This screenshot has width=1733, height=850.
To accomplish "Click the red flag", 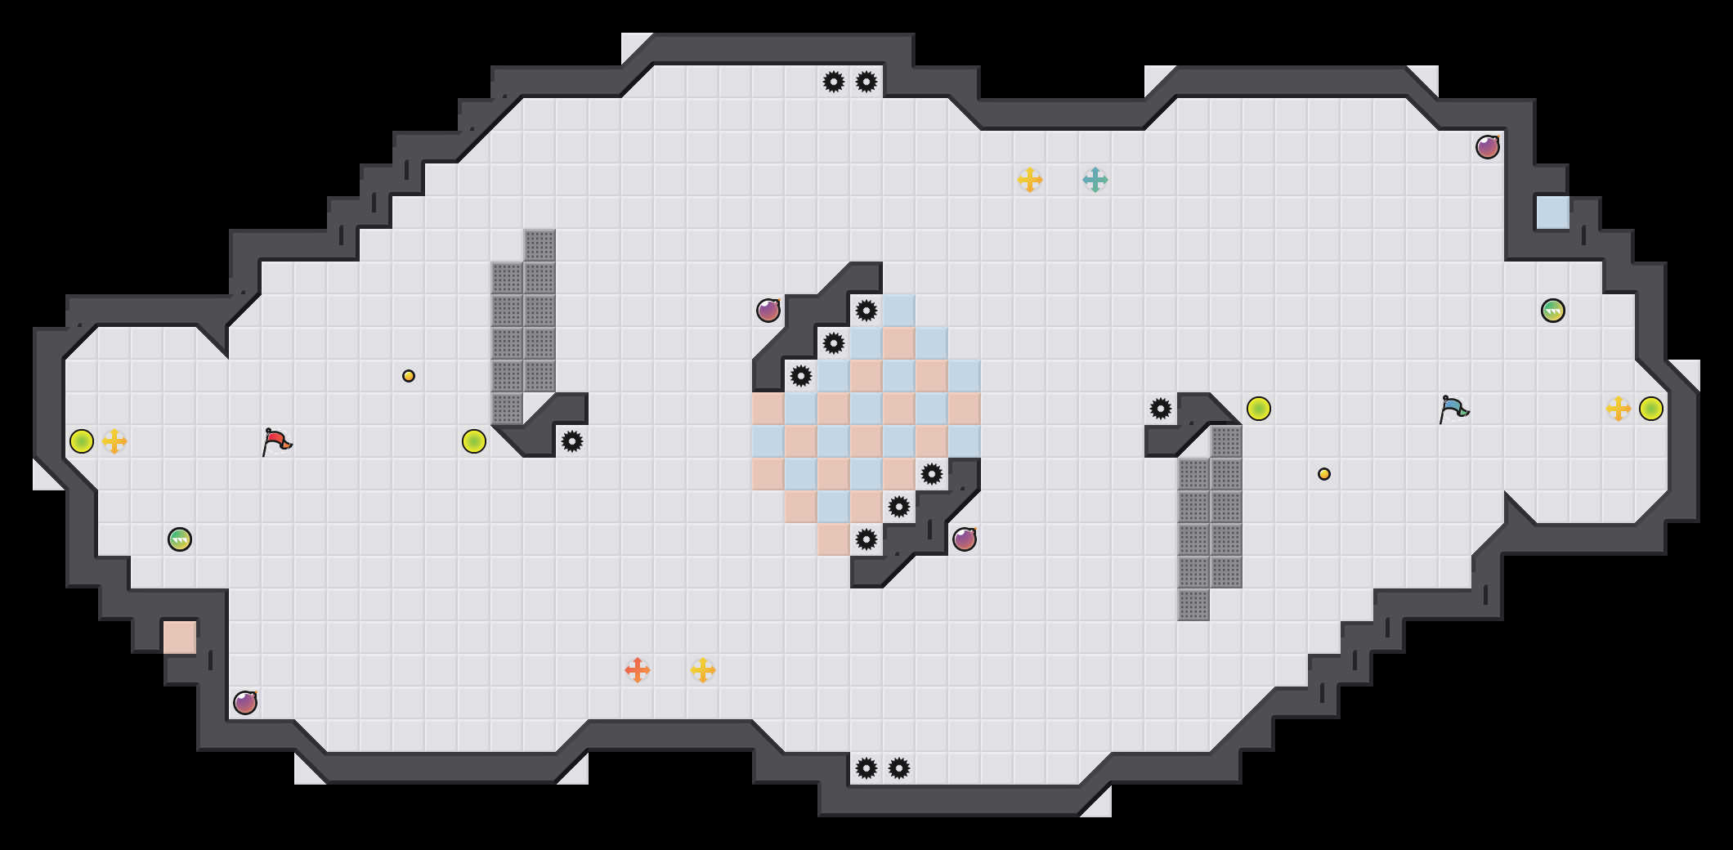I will click(276, 441).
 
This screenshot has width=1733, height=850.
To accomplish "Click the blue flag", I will click(1453, 409).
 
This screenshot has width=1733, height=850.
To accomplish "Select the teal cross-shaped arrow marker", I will click(1095, 180).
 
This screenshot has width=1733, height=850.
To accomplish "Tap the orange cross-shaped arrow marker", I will click(638, 670).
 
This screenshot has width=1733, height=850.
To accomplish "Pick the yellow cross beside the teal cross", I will click(1030, 180).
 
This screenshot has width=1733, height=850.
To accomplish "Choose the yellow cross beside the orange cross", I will click(703, 670).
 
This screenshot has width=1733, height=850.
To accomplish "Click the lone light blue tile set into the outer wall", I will click(1553, 212).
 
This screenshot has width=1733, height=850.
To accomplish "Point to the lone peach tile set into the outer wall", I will click(180, 637).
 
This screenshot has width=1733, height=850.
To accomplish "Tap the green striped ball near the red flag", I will click(180, 539).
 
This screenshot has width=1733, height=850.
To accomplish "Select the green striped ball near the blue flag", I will click(1553, 311).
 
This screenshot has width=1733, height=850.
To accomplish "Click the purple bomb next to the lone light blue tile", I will click(1488, 147).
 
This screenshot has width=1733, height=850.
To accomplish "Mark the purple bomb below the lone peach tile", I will click(245, 703).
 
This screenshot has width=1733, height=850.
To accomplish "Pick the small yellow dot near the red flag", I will click(409, 376).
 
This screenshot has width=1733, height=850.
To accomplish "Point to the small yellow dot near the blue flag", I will click(1324, 474).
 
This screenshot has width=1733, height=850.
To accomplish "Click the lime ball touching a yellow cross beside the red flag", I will click(82, 441).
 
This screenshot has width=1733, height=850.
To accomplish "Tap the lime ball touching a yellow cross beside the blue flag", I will click(1651, 409).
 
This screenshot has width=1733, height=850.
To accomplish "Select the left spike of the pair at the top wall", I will click(834, 82).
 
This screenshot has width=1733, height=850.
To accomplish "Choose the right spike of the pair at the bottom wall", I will click(899, 768).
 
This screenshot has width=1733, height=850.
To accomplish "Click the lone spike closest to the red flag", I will click(572, 441).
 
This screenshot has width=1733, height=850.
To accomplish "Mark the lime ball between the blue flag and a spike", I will click(1259, 409).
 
